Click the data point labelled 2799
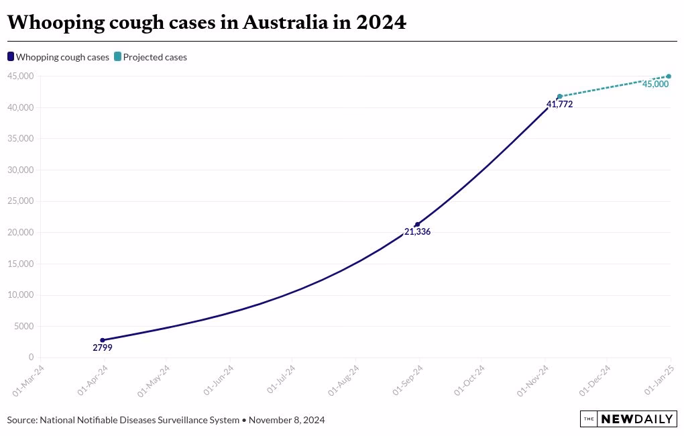click(103, 340)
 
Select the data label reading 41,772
click(559, 105)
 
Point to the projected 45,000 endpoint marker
click(669, 76)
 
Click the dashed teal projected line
click(614, 87)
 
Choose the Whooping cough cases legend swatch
click(11, 57)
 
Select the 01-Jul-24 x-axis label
click(282, 380)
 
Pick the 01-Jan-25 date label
click(660, 380)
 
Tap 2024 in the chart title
click(381, 23)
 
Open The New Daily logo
click(628, 419)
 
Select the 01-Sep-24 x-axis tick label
click(408, 380)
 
